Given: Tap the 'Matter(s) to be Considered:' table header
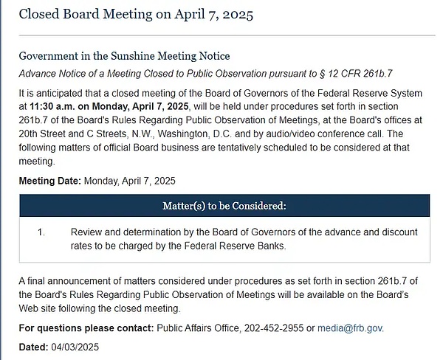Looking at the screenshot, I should (x=224, y=205).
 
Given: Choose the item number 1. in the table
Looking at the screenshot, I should (x=41, y=232).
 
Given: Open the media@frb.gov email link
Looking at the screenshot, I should (x=350, y=328).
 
